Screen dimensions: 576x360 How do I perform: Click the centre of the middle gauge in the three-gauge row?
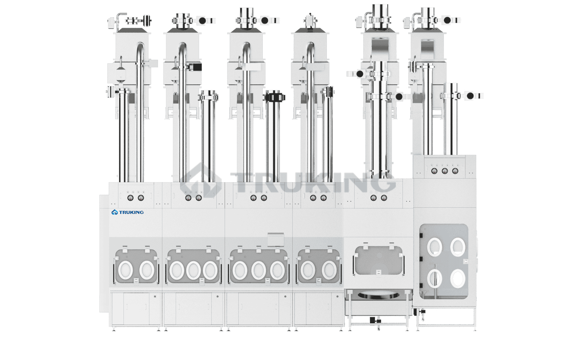(445, 171)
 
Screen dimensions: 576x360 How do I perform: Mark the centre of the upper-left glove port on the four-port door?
(435, 247)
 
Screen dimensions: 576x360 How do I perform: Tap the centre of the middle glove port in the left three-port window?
(193, 270)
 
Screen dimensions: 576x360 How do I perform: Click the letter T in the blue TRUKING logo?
(121, 212)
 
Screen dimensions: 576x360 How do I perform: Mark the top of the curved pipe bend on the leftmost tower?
(140, 42)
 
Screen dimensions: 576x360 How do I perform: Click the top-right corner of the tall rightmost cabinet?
(476, 155)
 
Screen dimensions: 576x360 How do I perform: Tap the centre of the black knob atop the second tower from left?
(203, 21)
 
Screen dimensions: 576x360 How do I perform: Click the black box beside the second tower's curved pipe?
(196, 67)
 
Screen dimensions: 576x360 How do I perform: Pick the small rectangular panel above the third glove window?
(276, 239)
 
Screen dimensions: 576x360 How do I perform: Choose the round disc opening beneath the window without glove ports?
(378, 295)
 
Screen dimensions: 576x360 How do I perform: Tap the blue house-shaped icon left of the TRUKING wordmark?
(115, 212)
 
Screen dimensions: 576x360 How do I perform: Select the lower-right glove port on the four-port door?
(458, 279)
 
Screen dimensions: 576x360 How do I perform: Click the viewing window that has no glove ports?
(378, 261)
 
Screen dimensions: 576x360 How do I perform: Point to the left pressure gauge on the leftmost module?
(130, 198)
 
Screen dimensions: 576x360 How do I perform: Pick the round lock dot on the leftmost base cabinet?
(155, 297)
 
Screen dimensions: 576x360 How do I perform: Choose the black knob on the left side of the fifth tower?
(360, 74)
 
